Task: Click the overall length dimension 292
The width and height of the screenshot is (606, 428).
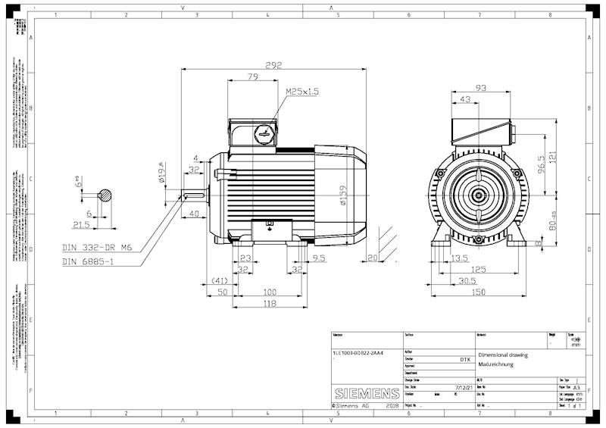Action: pos(273,65)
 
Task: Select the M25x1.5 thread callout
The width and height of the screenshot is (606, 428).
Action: pos(302,91)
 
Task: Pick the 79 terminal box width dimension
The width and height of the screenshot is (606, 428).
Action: pos(253,77)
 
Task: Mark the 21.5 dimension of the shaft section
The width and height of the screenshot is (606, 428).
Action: pos(80,225)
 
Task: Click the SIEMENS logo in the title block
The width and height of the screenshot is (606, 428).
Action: pos(367,394)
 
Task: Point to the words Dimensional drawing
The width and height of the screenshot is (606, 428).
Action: pos(503,355)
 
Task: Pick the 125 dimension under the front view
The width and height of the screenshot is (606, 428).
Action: pos(478,269)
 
